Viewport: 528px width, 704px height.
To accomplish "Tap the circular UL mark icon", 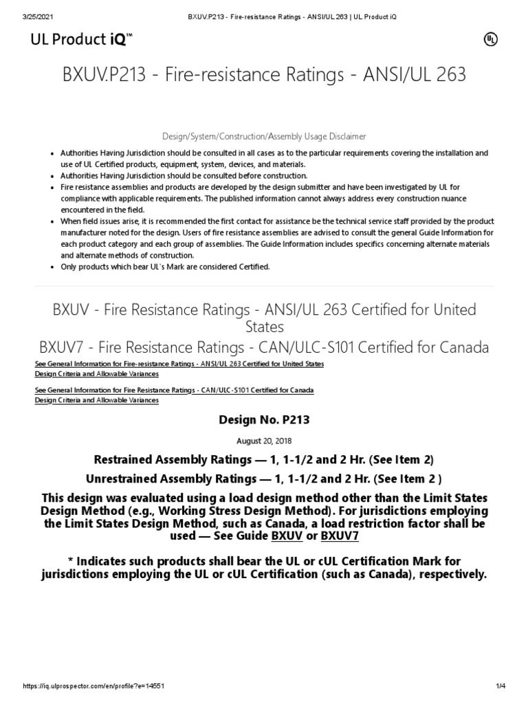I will tap(491, 40).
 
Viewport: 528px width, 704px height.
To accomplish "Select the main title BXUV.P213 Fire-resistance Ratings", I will tap(264, 74).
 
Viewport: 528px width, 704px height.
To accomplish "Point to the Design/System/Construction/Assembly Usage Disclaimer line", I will tap(264, 136).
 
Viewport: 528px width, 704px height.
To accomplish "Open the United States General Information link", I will tap(179, 363).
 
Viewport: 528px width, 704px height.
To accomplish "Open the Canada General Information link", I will tap(174, 390).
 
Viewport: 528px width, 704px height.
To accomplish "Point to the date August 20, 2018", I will tap(264, 441).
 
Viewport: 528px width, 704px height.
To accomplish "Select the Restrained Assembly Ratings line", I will tap(264, 459).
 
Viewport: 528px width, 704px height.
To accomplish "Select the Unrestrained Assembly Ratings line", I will tap(264, 478).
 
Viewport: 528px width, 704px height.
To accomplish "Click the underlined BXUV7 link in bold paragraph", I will tap(340, 536).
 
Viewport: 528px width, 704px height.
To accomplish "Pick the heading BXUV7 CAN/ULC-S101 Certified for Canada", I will tap(264, 347).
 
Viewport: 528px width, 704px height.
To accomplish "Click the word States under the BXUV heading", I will tap(264, 327).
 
